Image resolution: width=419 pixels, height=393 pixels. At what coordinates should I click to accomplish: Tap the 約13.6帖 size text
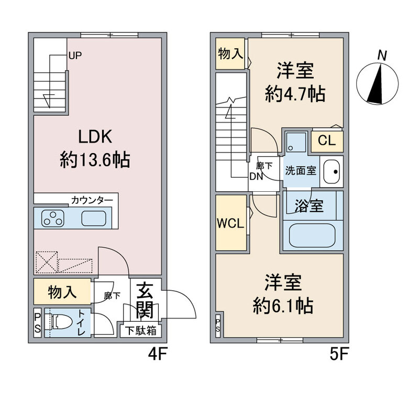pyautogui.click(x=94, y=159)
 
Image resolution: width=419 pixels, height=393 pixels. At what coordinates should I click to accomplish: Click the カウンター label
pyautogui.click(x=92, y=200)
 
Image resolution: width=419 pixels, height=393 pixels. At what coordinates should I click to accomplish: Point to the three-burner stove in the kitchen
pyautogui.click(x=53, y=218)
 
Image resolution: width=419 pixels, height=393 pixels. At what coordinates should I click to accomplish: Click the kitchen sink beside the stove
pyautogui.click(x=95, y=218)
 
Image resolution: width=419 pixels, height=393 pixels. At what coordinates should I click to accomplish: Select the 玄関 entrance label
pyautogui.click(x=145, y=302)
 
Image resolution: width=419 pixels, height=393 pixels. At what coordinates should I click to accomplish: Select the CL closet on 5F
pyautogui.click(x=327, y=140)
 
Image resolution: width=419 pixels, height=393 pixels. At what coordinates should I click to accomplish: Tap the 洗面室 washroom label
pyautogui.click(x=300, y=171)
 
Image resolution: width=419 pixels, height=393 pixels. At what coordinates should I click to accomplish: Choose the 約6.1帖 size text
pyautogui.click(x=282, y=304)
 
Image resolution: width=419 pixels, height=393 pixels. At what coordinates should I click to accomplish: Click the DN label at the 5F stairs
pyautogui.click(x=256, y=177)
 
